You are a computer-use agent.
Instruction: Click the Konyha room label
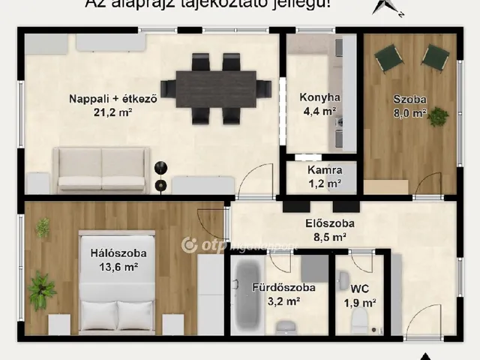(320, 97)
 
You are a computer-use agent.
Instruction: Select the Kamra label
(325, 170)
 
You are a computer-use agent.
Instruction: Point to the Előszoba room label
(329, 223)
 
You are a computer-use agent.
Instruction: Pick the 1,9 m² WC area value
(359, 302)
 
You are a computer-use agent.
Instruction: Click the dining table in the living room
(216, 88)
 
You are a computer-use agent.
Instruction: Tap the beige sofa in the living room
(101, 169)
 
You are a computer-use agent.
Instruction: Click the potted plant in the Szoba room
(437, 116)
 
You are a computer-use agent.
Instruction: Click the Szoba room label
(409, 99)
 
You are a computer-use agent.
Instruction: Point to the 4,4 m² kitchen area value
(320, 112)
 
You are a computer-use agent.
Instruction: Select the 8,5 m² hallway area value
(329, 238)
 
